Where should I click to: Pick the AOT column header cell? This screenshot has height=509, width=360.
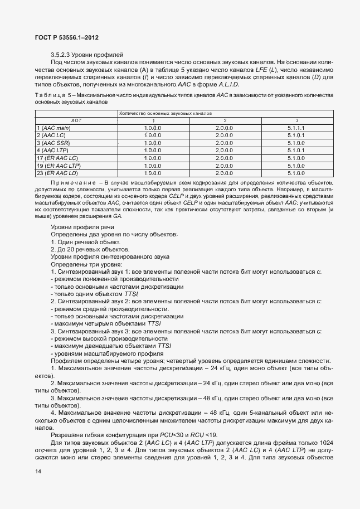[76, 120]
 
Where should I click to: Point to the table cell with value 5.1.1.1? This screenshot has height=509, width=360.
[295, 128]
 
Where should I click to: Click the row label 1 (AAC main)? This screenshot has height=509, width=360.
[53, 128]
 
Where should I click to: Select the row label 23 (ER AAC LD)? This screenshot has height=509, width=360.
[57, 173]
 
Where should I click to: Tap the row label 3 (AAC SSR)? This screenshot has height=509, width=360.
[53, 143]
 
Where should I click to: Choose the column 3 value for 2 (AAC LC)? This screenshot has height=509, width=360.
[295, 135]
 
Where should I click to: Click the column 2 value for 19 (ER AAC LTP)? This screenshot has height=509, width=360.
[225, 166]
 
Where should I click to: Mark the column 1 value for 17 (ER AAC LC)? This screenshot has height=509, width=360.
[153, 158]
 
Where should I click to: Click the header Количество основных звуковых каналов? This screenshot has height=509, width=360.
[166, 113]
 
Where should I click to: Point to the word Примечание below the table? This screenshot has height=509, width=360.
[72, 182]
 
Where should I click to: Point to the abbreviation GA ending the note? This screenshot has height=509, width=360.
[117, 216]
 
